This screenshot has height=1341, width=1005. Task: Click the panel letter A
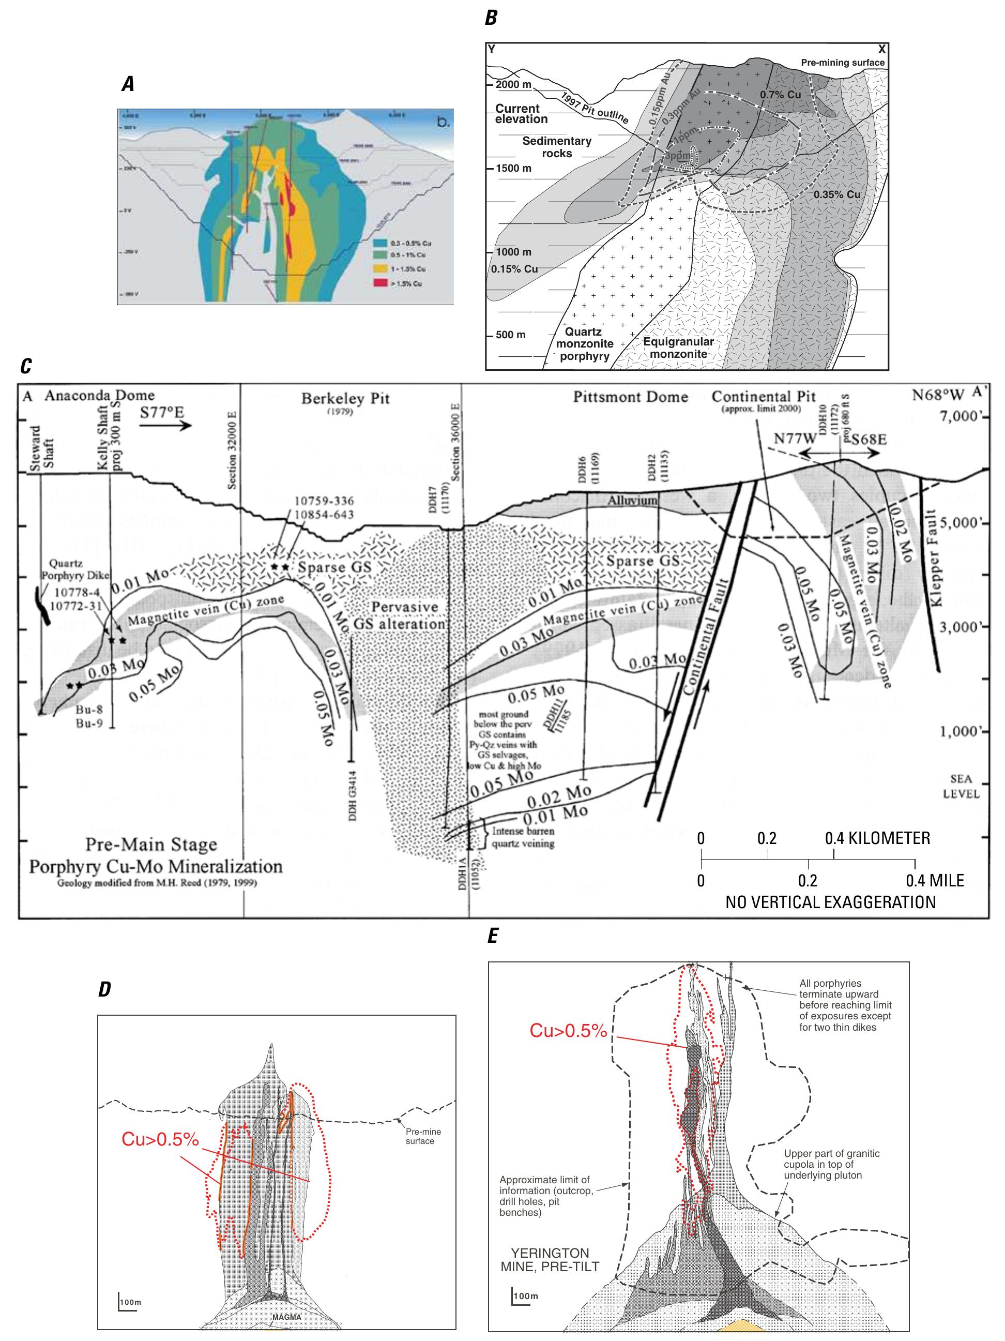coord(127,84)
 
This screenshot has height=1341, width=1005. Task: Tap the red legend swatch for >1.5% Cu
coord(380,282)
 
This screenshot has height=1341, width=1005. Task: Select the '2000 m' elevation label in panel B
coord(513,85)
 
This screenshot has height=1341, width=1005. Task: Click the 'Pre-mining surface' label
coord(842,63)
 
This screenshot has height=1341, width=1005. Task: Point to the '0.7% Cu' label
coord(780,95)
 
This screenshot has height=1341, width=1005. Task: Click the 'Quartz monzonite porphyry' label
coord(584,344)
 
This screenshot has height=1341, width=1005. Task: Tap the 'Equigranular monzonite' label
coord(678,348)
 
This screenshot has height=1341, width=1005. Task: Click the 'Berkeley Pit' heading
coord(345,398)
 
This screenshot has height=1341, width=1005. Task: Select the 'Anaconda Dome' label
coord(99,395)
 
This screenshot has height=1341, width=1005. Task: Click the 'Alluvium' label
coord(632,500)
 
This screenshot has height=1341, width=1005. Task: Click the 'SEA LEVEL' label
coord(961,786)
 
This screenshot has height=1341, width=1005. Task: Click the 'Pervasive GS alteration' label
coord(400,615)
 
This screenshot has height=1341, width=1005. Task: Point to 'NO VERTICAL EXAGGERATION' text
coord(830,902)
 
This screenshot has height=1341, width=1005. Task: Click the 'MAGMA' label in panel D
coord(286,1317)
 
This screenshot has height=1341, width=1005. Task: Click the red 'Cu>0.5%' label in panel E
coord(568,1031)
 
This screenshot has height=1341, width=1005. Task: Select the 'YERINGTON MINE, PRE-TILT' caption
coord(549,1260)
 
